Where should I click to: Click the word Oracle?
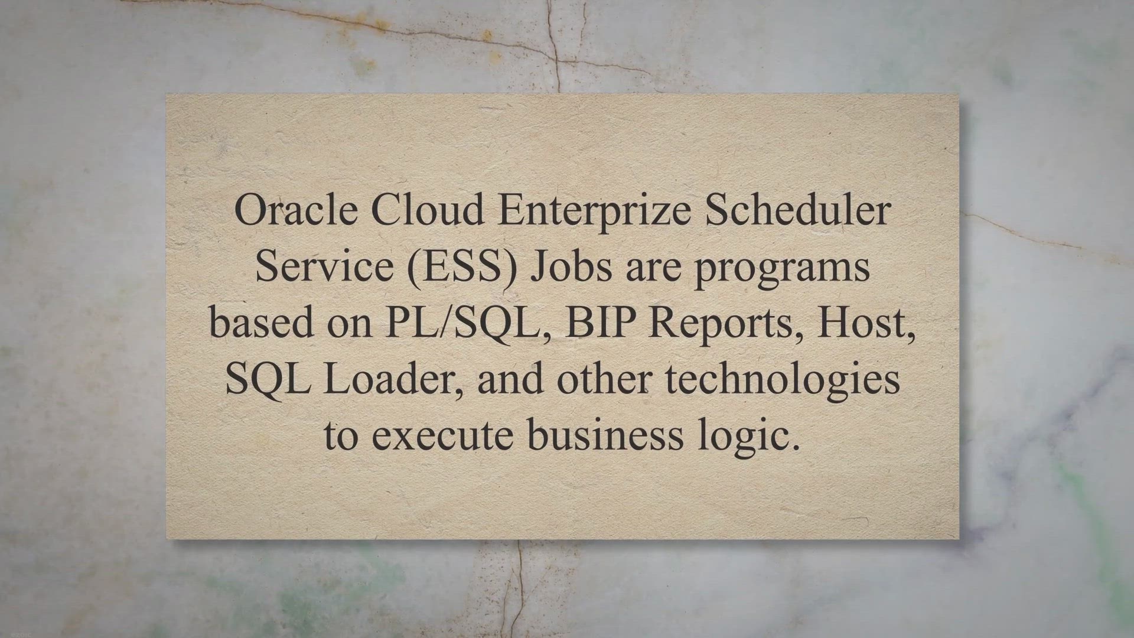tap(295, 211)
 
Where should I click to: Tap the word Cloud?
tap(427, 211)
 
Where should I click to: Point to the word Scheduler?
tap(798, 211)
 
